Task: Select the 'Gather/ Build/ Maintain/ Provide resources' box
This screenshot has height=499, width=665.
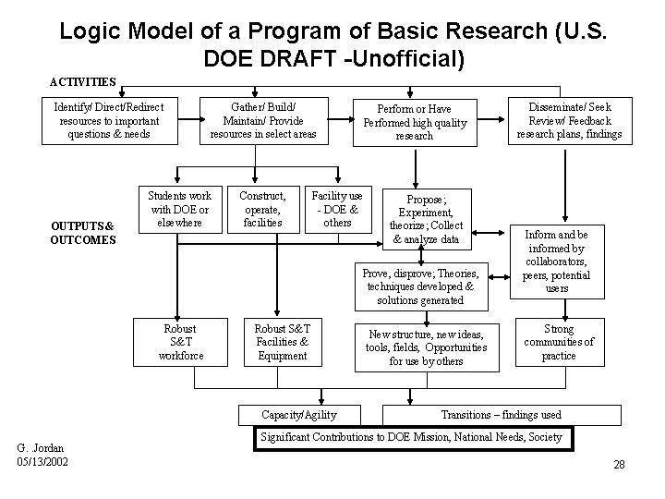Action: tap(263, 121)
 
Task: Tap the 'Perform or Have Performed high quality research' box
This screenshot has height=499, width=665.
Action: tap(415, 122)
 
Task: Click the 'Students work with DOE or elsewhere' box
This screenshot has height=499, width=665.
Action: tap(180, 209)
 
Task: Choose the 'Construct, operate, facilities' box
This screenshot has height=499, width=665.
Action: tap(262, 209)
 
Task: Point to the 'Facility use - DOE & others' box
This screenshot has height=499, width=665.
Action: tap(337, 209)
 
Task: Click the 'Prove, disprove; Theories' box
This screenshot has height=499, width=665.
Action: tap(420, 286)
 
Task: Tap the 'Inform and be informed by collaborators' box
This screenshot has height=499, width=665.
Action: tap(557, 262)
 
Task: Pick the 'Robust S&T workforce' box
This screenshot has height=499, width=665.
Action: tap(180, 342)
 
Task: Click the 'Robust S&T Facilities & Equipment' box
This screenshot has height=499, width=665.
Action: tap(283, 342)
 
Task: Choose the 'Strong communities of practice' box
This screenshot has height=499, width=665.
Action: tap(559, 342)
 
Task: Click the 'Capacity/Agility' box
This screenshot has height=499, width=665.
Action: tap(299, 415)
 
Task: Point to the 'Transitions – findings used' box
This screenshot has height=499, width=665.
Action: tap(500, 415)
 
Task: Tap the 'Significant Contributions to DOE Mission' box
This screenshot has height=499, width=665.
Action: tap(412, 436)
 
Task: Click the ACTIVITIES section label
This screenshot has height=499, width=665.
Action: tap(82, 81)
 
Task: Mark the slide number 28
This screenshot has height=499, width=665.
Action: tap(619, 464)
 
